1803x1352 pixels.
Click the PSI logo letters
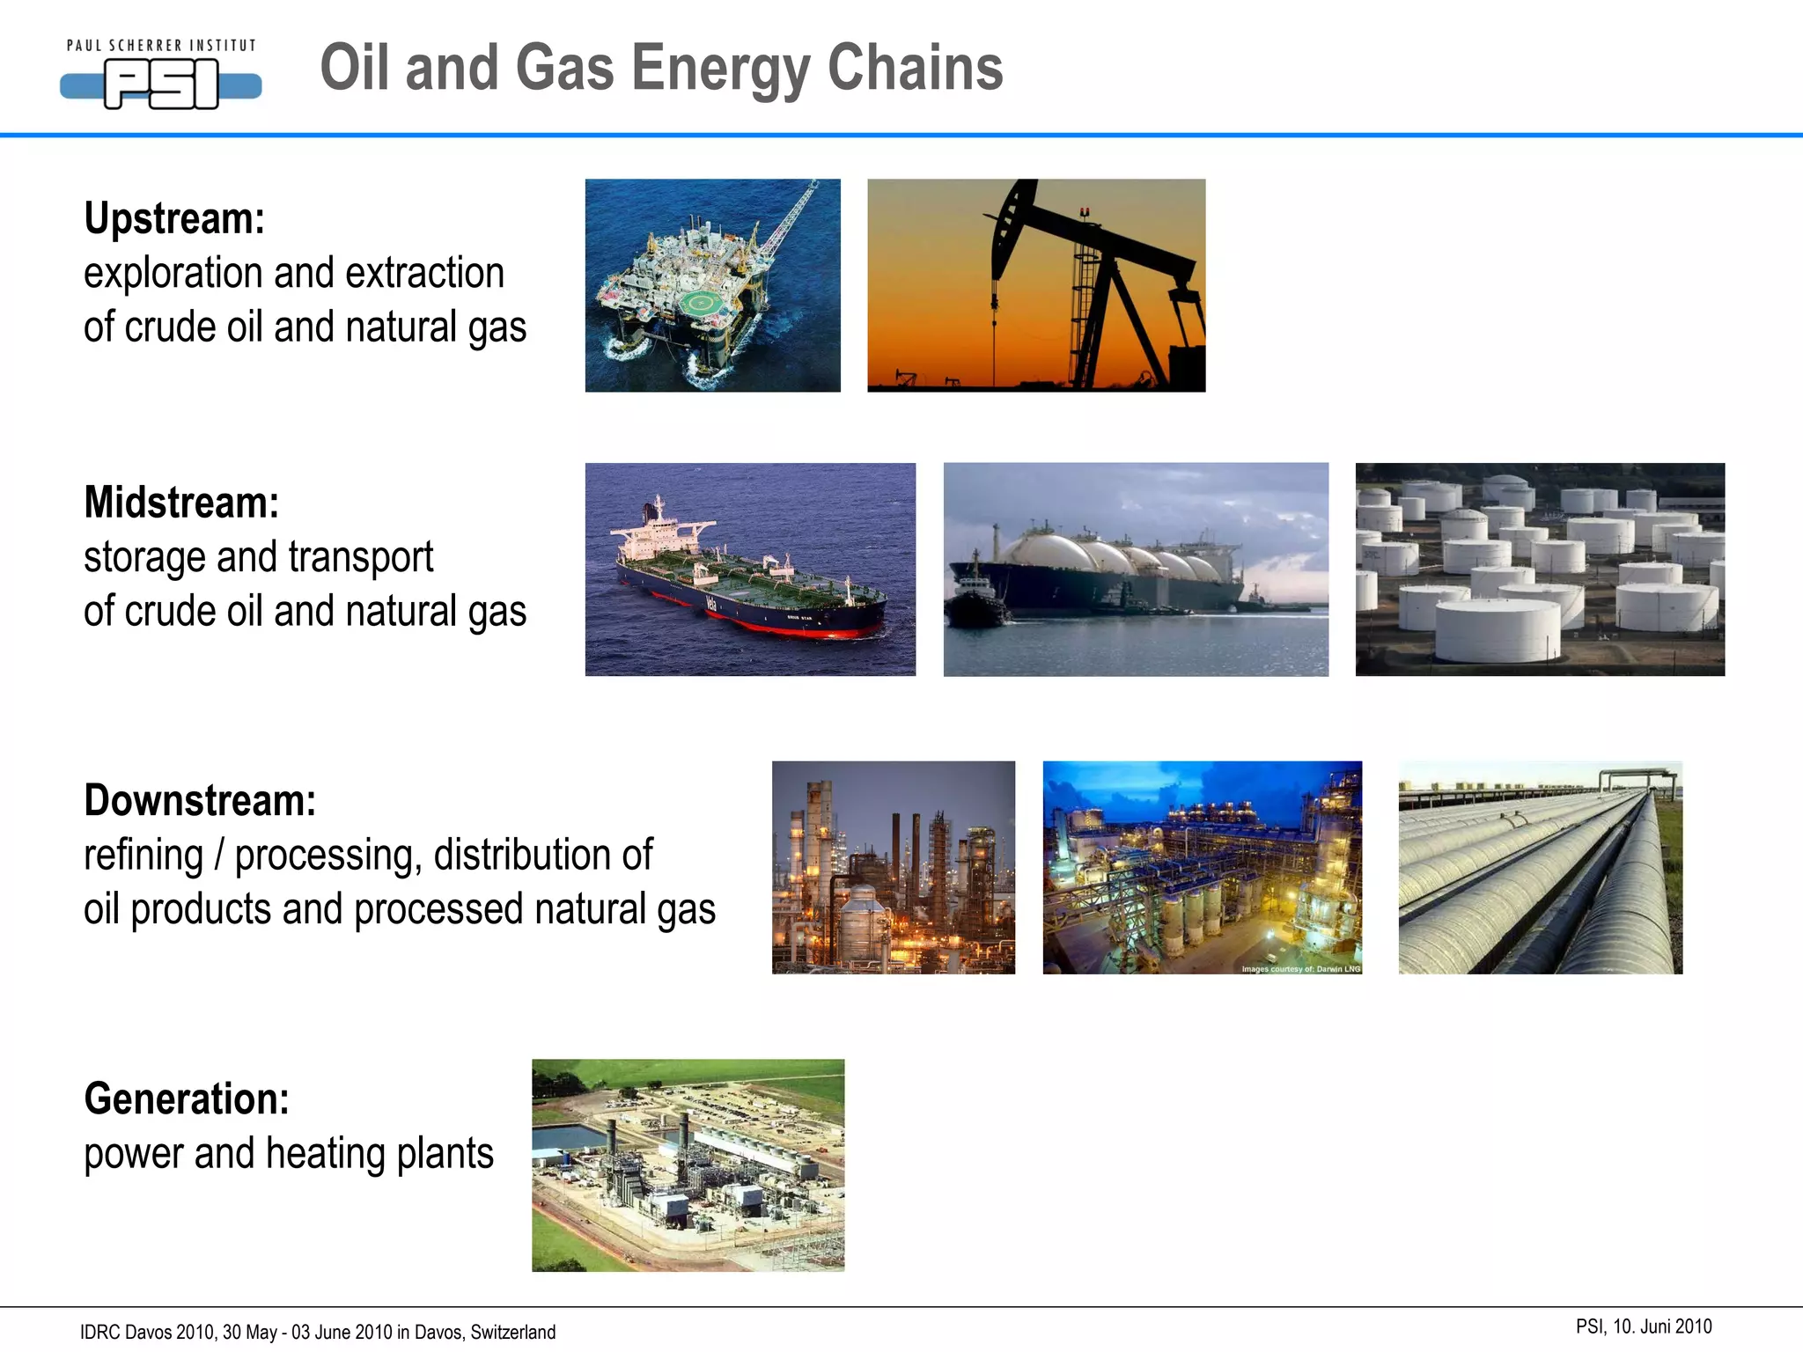pos(161,85)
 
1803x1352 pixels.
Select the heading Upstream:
pos(174,218)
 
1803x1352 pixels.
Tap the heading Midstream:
pos(181,503)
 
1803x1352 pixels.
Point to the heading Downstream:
pos(200,801)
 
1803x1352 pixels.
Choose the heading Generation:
pos(187,1099)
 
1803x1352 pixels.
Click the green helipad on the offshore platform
pos(702,304)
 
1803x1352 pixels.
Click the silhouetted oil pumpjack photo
pos(1036,285)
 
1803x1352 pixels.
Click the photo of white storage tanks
pos(1540,569)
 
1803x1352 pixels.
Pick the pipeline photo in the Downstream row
pos(1540,868)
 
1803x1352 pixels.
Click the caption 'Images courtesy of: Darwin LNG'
pos(1300,969)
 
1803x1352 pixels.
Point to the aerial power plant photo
pos(688,1165)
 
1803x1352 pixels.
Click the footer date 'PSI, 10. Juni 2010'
pos(1644,1326)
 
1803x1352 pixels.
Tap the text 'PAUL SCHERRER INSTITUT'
pos(161,46)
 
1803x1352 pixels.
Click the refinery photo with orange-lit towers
pos(893,868)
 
